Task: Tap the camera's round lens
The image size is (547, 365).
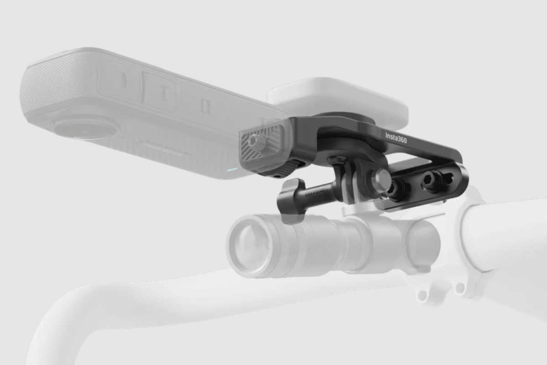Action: pos(84,129)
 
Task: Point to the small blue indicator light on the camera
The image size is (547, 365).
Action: pos(232,169)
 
